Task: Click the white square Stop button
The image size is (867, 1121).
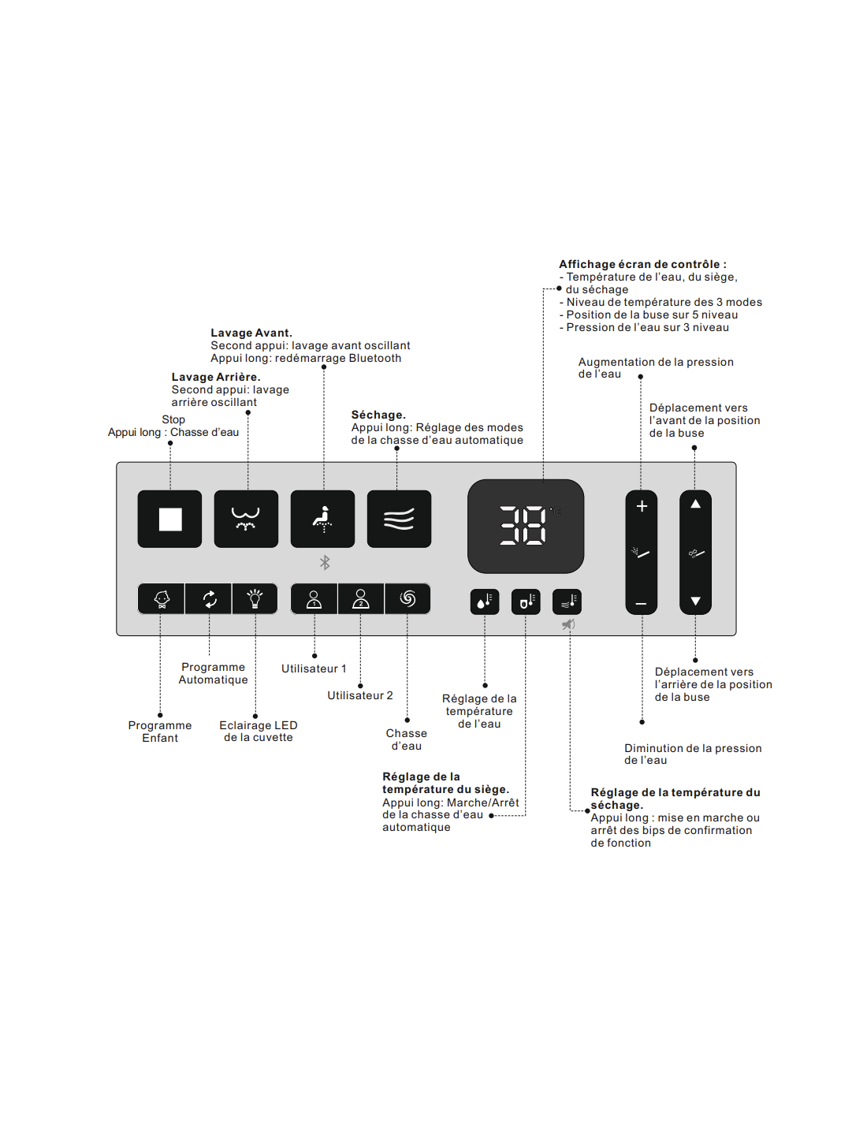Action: tap(170, 519)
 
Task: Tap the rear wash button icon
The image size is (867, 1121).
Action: tap(246, 519)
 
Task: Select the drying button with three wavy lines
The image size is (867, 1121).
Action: tap(399, 519)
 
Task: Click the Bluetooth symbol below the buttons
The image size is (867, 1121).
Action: tap(325, 562)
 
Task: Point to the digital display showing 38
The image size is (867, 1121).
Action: tap(525, 526)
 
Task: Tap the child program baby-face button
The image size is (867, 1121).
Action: tap(162, 599)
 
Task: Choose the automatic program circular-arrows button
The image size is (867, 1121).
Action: tap(209, 599)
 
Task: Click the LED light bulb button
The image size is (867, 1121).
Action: tap(255, 599)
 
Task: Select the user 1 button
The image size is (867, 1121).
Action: tap(314, 599)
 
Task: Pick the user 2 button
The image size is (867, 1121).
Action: tap(361, 599)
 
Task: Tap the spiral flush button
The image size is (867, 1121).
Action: tap(407, 599)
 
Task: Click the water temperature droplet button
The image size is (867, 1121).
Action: tap(485, 602)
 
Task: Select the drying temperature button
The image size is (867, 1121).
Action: tap(567, 602)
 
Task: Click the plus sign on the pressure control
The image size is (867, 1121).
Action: tap(642, 506)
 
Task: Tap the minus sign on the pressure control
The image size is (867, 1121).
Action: tap(642, 604)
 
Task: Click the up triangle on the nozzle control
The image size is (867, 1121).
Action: tap(695, 504)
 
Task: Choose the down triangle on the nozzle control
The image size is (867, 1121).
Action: tap(695, 601)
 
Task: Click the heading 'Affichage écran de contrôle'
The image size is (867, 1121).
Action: tap(642, 264)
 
